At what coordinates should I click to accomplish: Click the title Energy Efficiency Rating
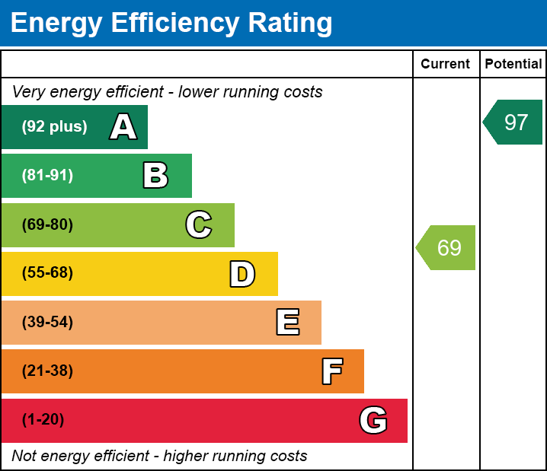click(x=171, y=23)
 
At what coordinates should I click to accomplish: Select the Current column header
click(x=446, y=65)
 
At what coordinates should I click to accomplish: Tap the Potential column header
click(x=513, y=65)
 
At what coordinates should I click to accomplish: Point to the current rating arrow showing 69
click(x=447, y=247)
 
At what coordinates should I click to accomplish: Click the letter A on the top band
click(x=123, y=127)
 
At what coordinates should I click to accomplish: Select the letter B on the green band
click(x=155, y=176)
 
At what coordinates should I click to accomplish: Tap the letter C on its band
click(x=199, y=224)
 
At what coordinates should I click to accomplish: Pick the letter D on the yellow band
click(x=242, y=274)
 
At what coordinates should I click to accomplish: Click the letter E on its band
click(x=287, y=323)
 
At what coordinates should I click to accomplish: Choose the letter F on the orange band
click(x=331, y=371)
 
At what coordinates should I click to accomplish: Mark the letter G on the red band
click(x=373, y=420)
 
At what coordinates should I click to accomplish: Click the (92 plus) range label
click(x=54, y=127)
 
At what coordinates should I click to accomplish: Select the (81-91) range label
click(x=47, y=176)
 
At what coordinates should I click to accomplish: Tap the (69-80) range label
click(x=47, y=224)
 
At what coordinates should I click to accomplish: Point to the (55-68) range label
click(x=47, y=273)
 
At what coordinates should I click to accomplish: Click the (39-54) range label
click(x=47, y=323)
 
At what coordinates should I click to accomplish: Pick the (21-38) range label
click(x=47, y=371)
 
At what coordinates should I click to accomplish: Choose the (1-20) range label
click(x=43, y=420)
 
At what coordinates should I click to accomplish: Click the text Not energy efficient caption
click(x=159, y=456)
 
